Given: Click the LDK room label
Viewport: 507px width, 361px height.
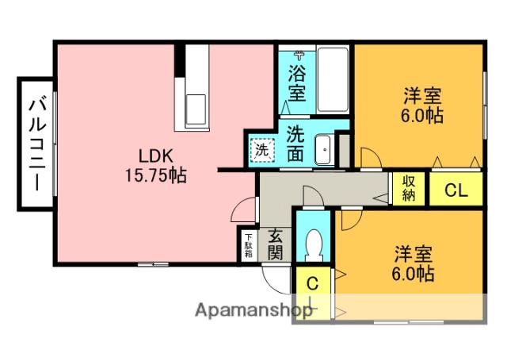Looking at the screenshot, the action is tap(156, 156).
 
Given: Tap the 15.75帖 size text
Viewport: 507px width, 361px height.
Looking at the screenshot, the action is tap(156, 176).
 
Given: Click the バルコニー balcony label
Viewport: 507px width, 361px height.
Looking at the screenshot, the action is tap(37, 144).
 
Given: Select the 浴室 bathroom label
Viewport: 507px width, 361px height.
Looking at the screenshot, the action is tap(297, 83).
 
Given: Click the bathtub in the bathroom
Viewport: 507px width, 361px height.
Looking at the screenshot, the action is tap(333, 80).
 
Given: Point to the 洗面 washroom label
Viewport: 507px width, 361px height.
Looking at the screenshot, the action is tap(295, 144).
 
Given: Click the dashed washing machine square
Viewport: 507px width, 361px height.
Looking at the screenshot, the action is tap(262, 150).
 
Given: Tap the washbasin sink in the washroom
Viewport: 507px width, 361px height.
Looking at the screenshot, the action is tap(323, 150).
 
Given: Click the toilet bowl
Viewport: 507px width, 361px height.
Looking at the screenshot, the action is tap(314, 245).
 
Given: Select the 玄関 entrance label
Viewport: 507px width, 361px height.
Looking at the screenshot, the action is tap(275, 244).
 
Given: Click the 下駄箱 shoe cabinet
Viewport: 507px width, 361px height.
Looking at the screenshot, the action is tap(248, 245).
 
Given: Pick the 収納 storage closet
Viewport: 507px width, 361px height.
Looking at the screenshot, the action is tap(409, 189).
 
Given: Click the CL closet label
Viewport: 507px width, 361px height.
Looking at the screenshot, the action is tap(456, 190).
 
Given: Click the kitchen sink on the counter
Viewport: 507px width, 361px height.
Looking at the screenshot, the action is tap(196, 109).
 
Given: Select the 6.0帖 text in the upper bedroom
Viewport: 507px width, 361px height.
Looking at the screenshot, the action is tap(421, 115).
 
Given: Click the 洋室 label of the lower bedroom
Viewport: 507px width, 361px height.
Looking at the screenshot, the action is tap(413, 254).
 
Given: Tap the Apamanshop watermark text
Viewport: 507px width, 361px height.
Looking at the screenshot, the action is tap(253, 310).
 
